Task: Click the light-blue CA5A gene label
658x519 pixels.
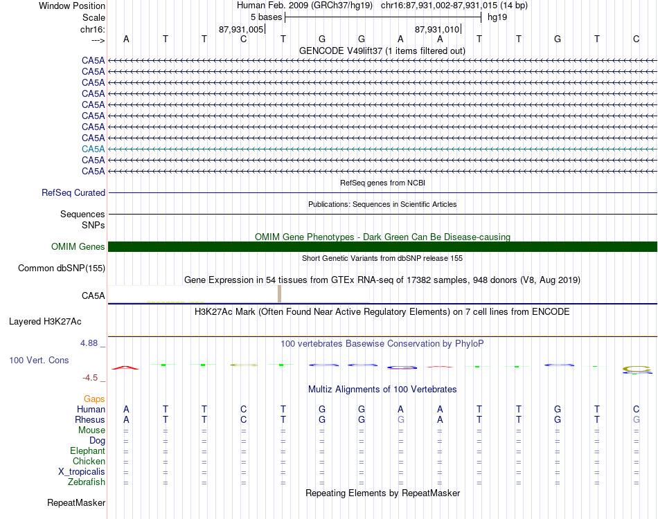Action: point(93,149)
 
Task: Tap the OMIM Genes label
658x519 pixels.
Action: point(78,247)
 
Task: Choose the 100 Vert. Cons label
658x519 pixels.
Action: point(39,361)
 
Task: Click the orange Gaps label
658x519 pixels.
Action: point(94,399)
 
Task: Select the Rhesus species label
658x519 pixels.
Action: point(90,420)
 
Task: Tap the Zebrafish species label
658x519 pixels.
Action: point(87,482)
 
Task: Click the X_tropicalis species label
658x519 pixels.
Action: point(82,472)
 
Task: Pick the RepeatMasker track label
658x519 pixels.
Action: point(75,503)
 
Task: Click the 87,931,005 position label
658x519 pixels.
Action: point(241,30)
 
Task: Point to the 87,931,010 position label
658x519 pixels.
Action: point(437,30)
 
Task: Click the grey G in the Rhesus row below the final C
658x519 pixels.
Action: point(637,420)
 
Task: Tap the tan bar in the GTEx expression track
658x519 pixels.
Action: point(279,293)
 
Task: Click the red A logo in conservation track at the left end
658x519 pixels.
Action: point(125,367)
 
